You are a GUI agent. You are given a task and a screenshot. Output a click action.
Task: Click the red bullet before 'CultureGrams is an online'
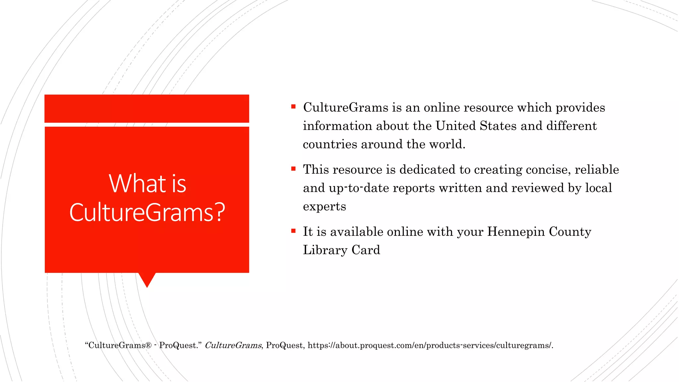pyautogui.click(x=293, y=107)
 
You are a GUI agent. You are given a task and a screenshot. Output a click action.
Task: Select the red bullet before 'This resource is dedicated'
pyautogui.click(x=293, y=169)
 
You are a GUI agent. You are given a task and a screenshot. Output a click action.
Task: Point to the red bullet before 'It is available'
pyautogui.click(x=293, y=231)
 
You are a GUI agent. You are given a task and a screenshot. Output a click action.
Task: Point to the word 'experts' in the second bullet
pyautogui.click(x=324, y=207)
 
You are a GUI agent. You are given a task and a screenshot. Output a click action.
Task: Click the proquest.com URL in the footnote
pyautogui.click(x=430, y=346)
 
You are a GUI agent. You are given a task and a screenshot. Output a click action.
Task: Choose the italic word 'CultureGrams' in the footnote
pyautogui.click(x=233, y=346)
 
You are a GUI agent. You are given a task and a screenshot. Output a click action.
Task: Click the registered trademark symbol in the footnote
pyautogui.click(x=149, y=345)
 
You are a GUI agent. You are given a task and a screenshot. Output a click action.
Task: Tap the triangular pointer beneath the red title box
pyautogui.click(x=147, y=279)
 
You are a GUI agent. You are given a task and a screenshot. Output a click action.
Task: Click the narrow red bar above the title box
pyautogui.click(x=147, y=108)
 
